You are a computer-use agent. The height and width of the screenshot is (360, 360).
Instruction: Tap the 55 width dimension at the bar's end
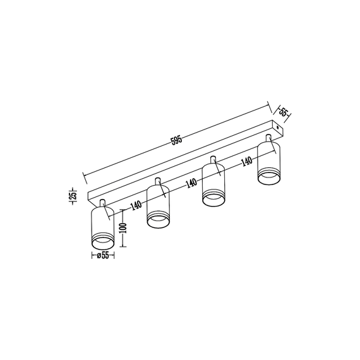point(284,113)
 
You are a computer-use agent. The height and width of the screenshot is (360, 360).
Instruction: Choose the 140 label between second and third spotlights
point(191,184)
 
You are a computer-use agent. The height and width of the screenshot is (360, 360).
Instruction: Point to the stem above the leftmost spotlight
point(102,203)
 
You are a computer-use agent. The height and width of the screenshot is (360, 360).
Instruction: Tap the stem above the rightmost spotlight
point(268,138)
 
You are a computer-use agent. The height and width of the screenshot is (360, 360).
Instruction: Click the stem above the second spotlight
point(158,183)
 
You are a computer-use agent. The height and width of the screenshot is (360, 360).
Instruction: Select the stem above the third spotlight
point(213,160)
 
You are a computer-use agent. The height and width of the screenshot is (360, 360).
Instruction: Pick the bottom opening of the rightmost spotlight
point(268,177)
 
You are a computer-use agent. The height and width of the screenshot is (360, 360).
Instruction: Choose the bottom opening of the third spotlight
point(213,199)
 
